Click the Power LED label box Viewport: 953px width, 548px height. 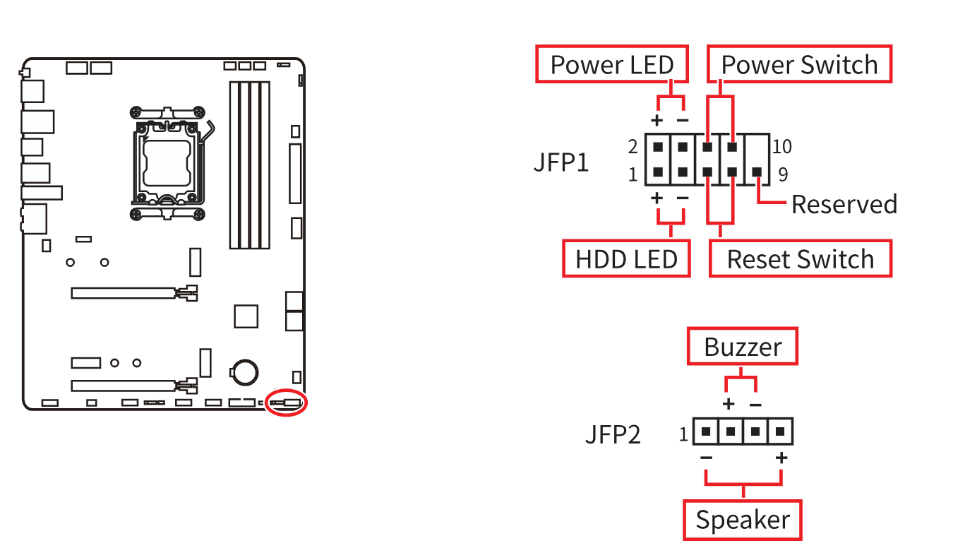(x=612, y=65)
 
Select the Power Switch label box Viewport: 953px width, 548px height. (x=799, y=65)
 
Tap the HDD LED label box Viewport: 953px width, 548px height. (x=626, y=259)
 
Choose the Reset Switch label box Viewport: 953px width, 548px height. (x=800, y=259)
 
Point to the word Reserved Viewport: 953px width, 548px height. (x=844, y=204)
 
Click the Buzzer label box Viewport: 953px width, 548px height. (x=743, y=347)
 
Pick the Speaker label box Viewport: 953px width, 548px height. (x=743, y=520)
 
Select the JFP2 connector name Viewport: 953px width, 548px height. (x=613, y=434)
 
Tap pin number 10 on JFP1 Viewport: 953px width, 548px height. (x=782, y=147)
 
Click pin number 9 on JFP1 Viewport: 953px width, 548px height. (x=782, y=174)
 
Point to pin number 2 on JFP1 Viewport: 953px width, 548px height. (x=633, y=147)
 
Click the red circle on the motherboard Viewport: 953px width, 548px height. (x=287, y=403)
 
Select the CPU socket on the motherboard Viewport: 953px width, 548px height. (x=169, y=162)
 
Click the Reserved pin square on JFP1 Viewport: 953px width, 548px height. (x=757, y=172)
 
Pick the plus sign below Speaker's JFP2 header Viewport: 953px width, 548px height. (x=781, y=458)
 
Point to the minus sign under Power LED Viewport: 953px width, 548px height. (x=683, y=120)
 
